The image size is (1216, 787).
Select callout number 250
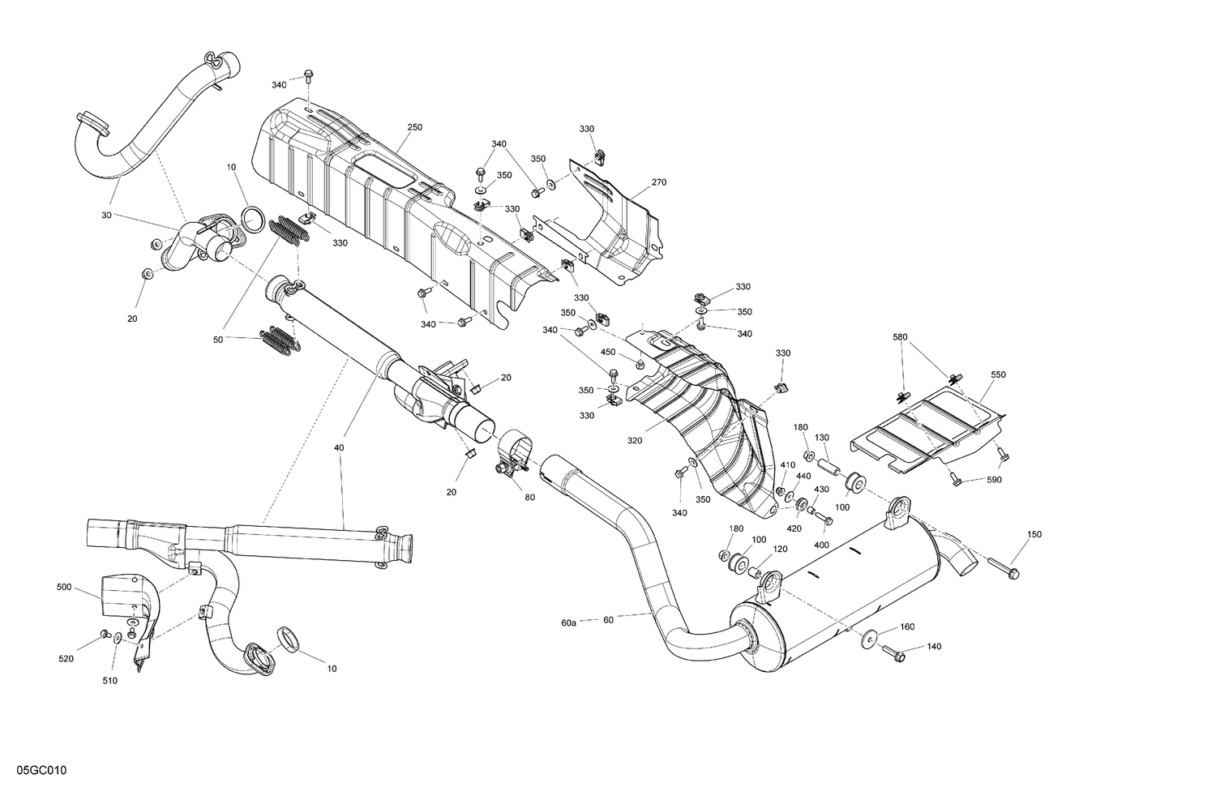414,127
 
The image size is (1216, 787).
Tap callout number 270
658,182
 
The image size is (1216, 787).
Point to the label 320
634,442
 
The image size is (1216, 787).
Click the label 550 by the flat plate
998,375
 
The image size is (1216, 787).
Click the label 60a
568,622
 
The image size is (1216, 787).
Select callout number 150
1034,534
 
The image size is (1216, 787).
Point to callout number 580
901,336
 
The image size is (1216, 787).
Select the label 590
995,480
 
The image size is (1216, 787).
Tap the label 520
66,659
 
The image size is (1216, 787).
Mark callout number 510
109,681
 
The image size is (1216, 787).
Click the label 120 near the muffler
780,549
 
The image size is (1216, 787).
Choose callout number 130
821,438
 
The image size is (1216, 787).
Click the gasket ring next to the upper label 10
252,218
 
